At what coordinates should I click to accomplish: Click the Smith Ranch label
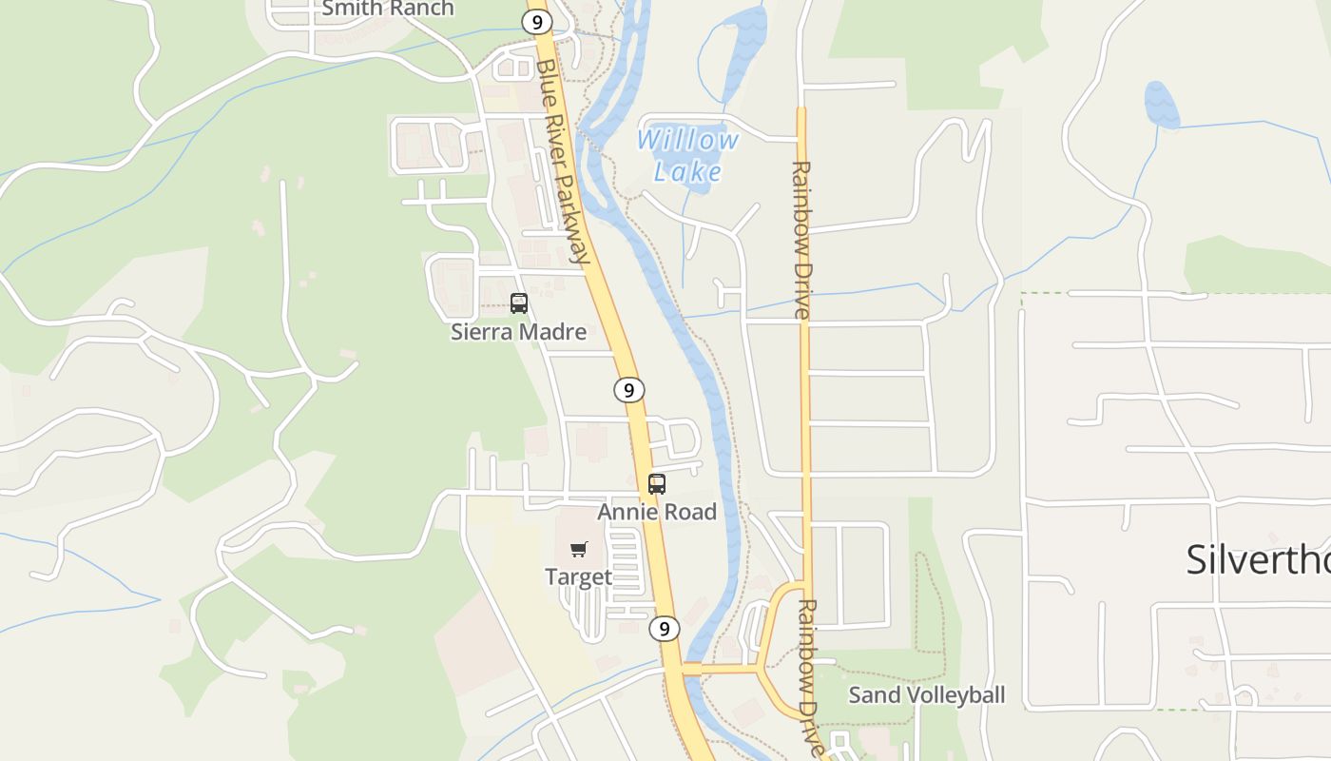[x=388, y=9]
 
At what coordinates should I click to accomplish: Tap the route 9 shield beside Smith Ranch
[x=536, y=21]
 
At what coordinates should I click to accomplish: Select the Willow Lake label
[x=687, y=155]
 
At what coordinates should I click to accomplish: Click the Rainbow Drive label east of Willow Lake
[x=801, y=240]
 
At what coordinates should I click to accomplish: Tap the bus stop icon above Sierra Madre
[x=519, y=303]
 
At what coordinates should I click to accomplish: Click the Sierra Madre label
[x=518, y=332]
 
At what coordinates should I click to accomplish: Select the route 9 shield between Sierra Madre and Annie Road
[x=628, y=389]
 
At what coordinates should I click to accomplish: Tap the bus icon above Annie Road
[x=657, y=483]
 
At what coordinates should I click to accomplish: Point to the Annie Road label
[x=657, y=512]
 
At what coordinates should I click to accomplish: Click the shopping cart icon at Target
[x=579, y=549]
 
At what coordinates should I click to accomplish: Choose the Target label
[x=578, y=576]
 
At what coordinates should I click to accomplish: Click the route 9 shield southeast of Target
[x=665, y=629]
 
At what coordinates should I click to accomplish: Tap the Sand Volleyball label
[x=926, y=694]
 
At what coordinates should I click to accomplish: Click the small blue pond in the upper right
[x=1161, y=105]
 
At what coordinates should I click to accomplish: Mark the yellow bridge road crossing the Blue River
[x=723, y=670]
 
